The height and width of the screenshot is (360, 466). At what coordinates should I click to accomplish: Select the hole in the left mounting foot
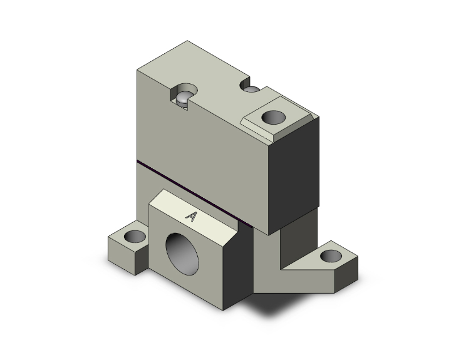click(133, 237)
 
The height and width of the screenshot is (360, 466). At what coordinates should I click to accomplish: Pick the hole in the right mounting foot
click(331, 256)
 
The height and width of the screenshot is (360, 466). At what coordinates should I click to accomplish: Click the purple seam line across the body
click(200, 185)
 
